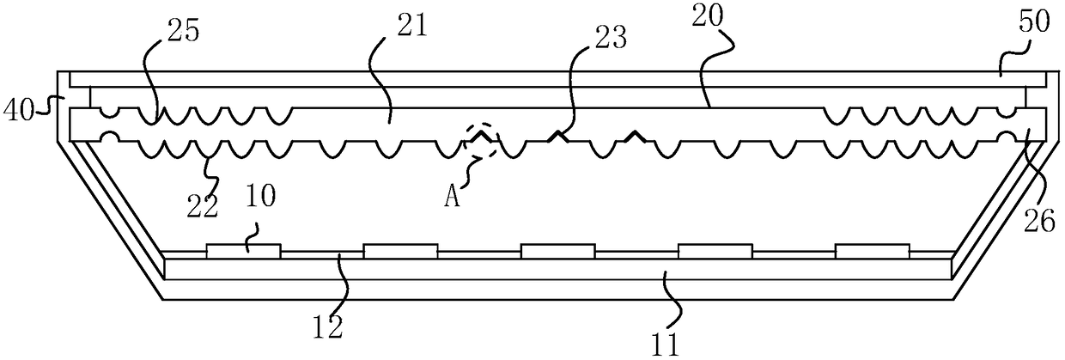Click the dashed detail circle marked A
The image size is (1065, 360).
[481, 142]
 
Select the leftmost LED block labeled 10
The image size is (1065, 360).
[243, 250]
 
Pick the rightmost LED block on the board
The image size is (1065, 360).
[873, 250]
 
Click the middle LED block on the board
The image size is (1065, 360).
[557, 250]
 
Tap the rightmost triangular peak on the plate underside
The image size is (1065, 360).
[634, 136]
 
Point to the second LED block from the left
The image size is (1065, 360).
[400, 250]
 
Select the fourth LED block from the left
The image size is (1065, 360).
[715, 250]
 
